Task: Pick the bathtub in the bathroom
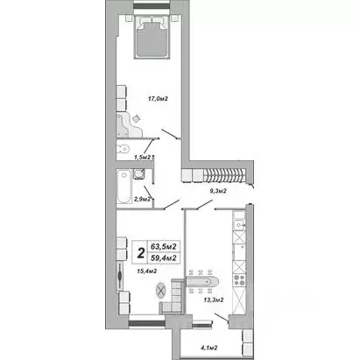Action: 124,187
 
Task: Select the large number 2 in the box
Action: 139,254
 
